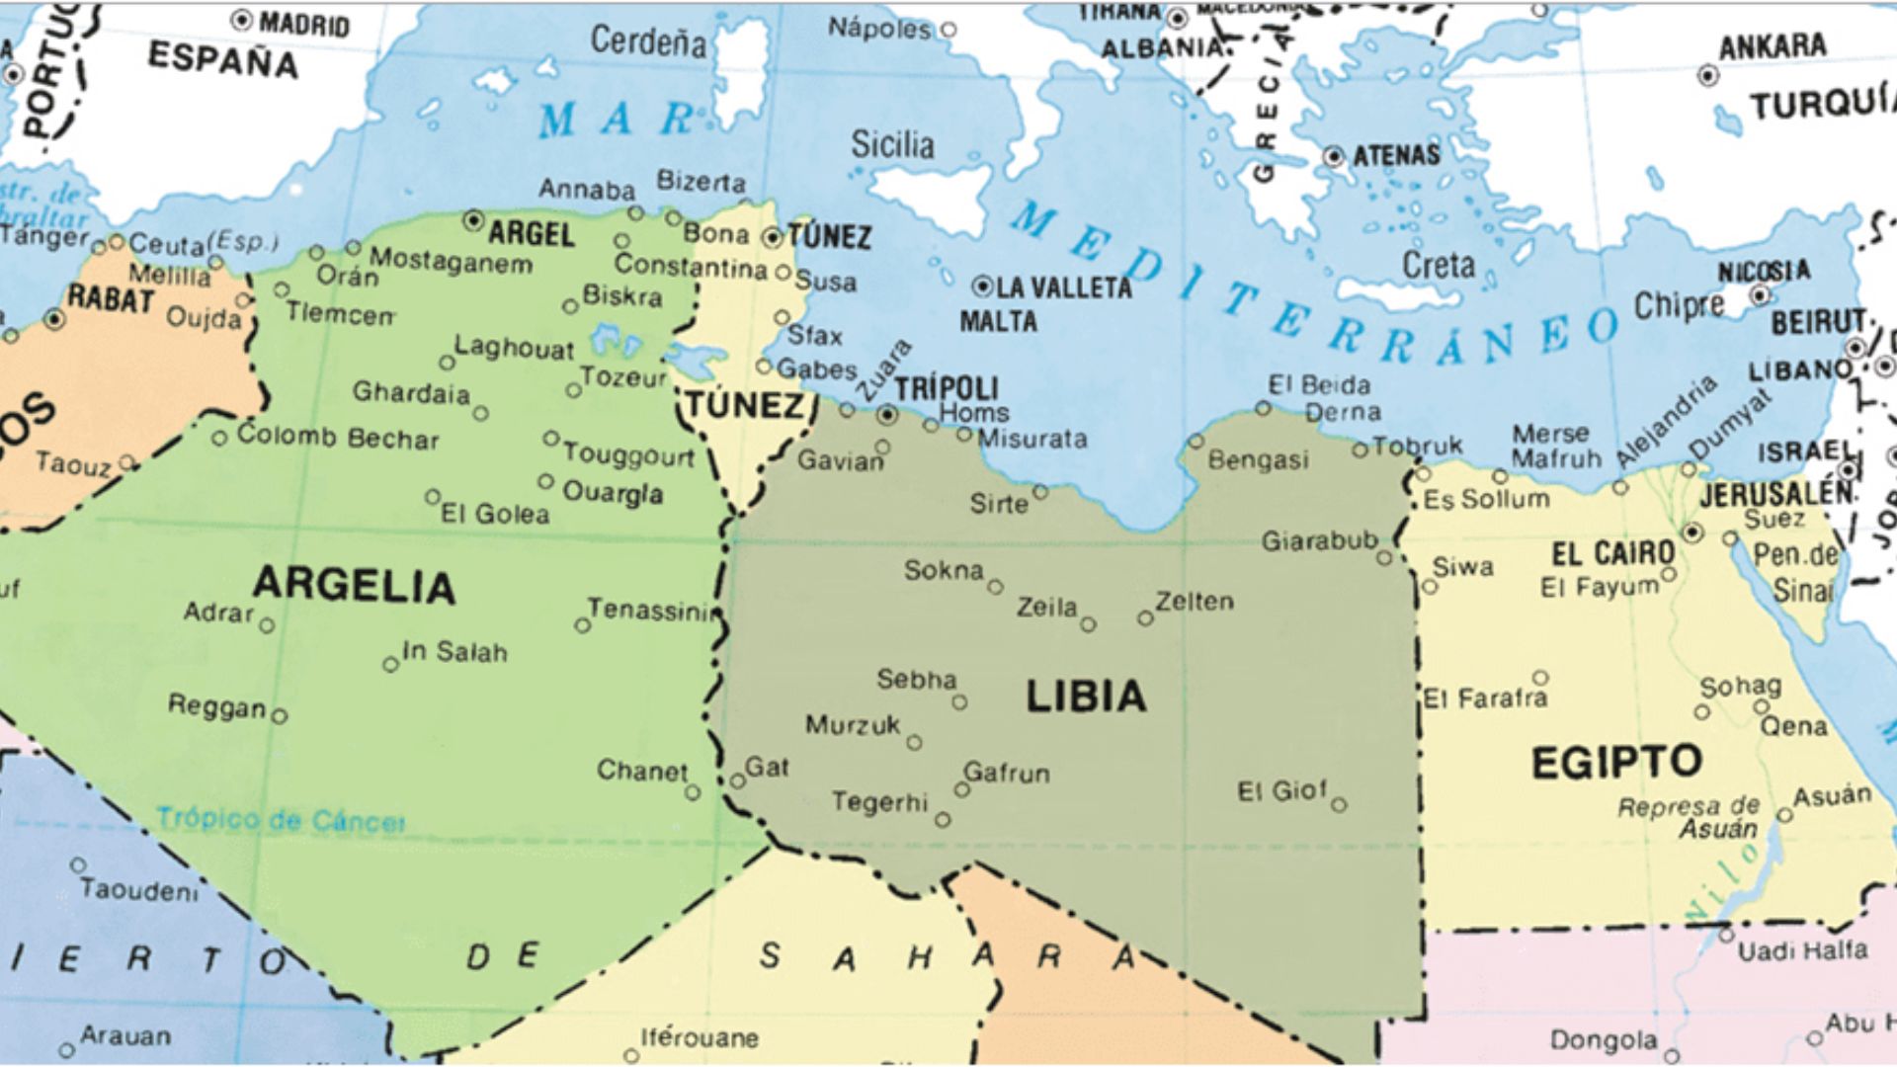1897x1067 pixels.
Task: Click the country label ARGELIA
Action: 354,585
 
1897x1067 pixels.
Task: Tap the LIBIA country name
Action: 1086,697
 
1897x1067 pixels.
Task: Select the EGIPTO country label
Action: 1616,763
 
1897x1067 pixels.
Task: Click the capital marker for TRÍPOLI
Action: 888,415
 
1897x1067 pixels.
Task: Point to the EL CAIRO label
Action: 1612,553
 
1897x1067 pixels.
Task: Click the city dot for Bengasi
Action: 1196,441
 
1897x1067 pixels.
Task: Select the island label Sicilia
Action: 892,145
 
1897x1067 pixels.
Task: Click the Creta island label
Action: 1438,265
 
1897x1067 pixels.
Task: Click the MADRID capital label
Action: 304,24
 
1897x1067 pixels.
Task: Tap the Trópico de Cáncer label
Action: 281,820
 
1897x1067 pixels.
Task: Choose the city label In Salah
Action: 454,652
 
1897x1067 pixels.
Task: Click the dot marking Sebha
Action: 959,702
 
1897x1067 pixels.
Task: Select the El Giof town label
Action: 1281,790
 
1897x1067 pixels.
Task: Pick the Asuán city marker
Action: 1784,815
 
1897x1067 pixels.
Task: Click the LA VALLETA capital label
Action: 1063,287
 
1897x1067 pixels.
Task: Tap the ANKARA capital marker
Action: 1707,75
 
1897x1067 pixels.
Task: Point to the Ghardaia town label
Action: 411,393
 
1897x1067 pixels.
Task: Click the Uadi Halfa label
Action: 1802,950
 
